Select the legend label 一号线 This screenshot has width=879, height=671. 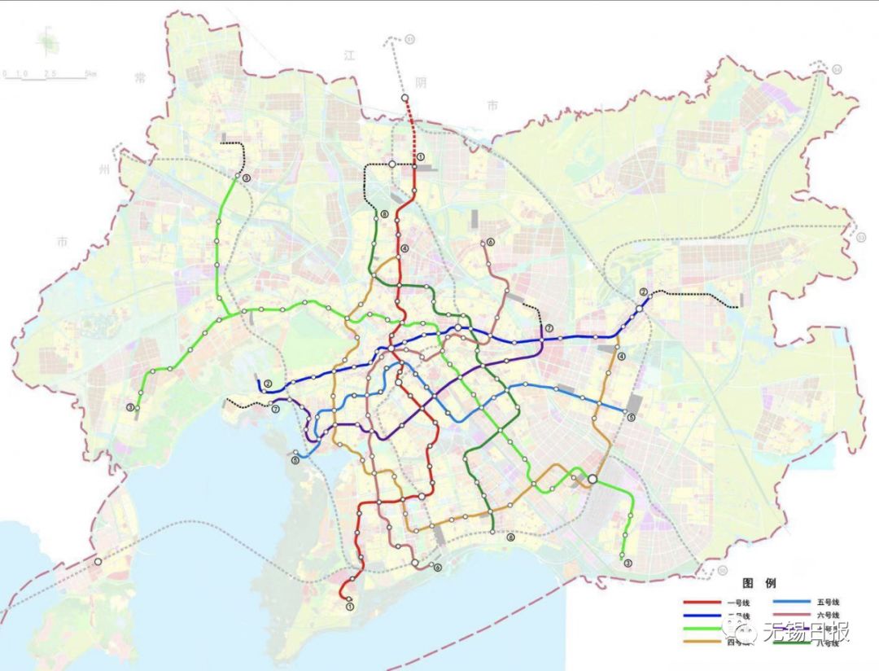734,603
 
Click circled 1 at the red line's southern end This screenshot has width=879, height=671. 350,607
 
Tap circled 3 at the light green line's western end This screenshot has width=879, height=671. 129,408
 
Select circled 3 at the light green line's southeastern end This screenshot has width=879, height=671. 627,564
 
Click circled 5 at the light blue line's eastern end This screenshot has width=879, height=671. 631,418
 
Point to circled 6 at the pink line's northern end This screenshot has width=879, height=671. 491,243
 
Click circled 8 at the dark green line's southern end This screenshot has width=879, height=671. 510,537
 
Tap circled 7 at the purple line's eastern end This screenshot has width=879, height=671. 549,328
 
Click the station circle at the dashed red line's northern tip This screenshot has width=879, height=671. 405,98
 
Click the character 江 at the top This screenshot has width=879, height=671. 351,55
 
